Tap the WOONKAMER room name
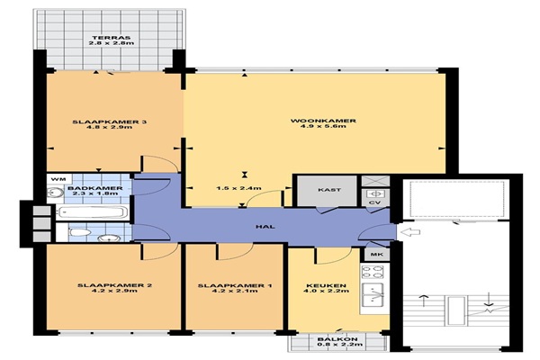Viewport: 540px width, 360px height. (323, 121)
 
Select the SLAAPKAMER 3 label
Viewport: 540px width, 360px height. (110, 122)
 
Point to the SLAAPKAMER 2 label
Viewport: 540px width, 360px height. (114, 285)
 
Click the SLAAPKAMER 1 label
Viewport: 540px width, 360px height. (235, 285)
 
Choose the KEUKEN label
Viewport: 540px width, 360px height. (326, 285)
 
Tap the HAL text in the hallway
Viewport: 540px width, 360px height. (265, 227)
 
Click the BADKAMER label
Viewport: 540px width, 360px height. (94, 188)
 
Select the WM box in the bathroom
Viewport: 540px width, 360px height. (59, 179)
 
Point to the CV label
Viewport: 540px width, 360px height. (374, 202)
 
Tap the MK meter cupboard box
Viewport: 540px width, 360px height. (377, 255)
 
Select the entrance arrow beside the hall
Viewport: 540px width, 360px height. (411, 232)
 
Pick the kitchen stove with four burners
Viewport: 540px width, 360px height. (373, 272)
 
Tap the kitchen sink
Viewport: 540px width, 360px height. (373, 296)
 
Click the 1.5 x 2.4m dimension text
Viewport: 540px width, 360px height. (238, 188)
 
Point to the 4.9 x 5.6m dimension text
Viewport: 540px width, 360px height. (323, 126)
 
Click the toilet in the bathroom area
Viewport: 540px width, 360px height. (80, 232)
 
